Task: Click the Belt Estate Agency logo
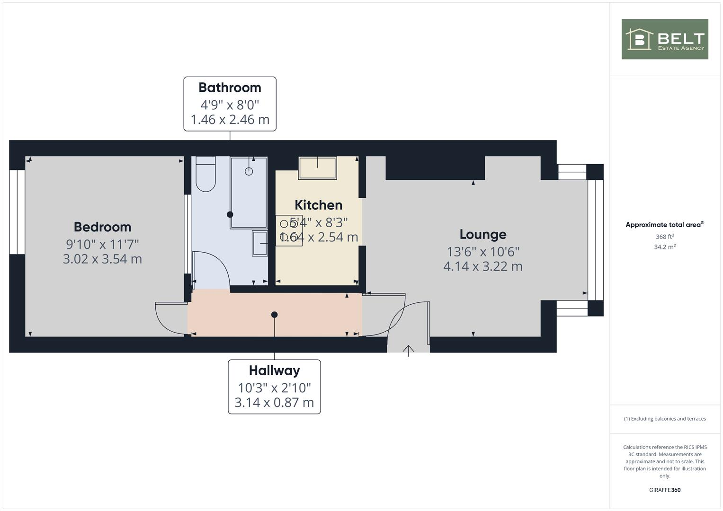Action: pyautogui.click(x=664, y=39)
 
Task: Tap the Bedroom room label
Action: pyautogui.click(x=102, y=227)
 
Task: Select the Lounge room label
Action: pyautogui.click(x=482, y=235)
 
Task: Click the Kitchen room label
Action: pyautogui.click(x=318, y=205)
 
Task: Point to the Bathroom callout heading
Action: pyautogui.click(x=230, y=88)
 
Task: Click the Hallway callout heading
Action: pyautogui.click(x=274, y=370)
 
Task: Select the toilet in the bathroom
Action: pyautogui.click(x=205, y=175)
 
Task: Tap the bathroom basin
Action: pyautogui.click(x=260, y=243)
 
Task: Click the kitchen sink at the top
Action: pyautogui.click(x=317, y=168)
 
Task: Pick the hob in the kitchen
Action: pyautogui.click(x=288, y=230)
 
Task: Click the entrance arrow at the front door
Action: pyautogui.click(x=408, y=350)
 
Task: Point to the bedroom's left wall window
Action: pyautogui.click(x=17, y=211)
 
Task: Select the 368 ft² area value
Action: pyautogui.click(x=664, y=237)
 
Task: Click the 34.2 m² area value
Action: pyautogui.click(x=664, y=247)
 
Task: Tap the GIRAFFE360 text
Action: pyautogui.click(x=664, y=490)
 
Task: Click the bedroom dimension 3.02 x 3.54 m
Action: pyautogui.click(x=102, y=259)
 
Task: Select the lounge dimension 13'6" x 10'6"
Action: pyautogui.click(x=482, y=252)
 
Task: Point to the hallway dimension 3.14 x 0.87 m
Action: pyautogui.click(x=274, y=403)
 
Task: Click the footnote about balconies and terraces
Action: pyautogui.click(x=664, y=419)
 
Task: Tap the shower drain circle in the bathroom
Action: pyautogui.click(x=249, y=171)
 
